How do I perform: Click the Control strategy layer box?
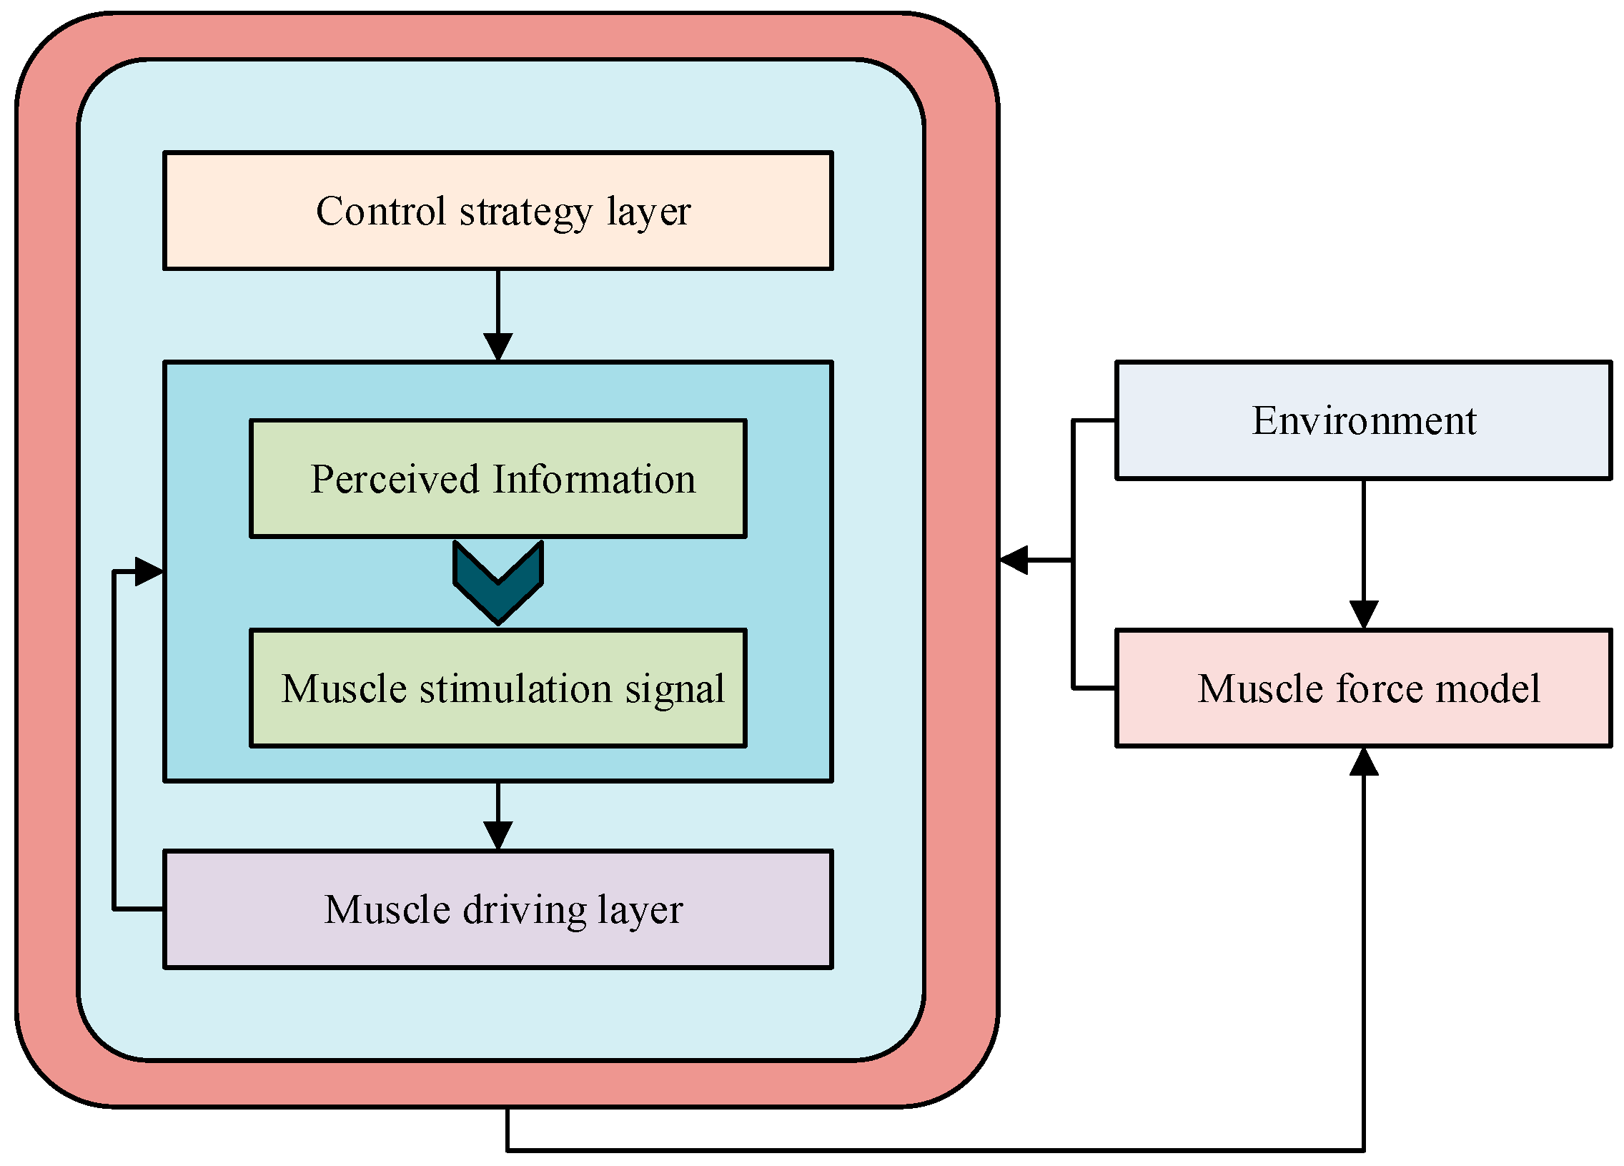tap(498, 211)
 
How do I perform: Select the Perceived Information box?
tap(498, 478)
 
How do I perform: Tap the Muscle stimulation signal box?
tap(498, 688)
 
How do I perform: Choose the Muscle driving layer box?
tap(498, 909)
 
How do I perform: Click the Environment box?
tap(1364, 420)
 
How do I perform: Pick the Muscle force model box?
tap(1364, 688)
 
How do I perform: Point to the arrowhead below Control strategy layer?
tap(498, 347)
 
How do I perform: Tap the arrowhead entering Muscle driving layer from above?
tap(498, 836)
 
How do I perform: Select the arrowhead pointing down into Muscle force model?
tap(1364, 616)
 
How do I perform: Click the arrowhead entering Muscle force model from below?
tap(1364, 761)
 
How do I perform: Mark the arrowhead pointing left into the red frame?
tap(1013, 560)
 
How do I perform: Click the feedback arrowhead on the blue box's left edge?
tap(149, 571)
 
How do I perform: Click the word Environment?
tap(1364, 420)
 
